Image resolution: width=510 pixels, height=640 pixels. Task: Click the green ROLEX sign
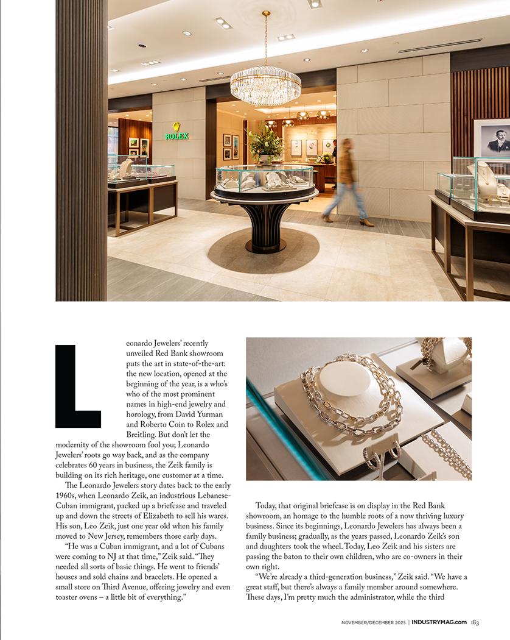tap(176, 135)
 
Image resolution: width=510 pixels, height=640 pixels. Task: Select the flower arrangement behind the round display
tap(265, 143)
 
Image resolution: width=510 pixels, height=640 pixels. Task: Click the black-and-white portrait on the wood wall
tap(492, 138)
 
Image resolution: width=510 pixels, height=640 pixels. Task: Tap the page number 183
tap(475, 622)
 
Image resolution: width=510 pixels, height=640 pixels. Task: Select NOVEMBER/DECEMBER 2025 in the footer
tap(372, 622)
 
